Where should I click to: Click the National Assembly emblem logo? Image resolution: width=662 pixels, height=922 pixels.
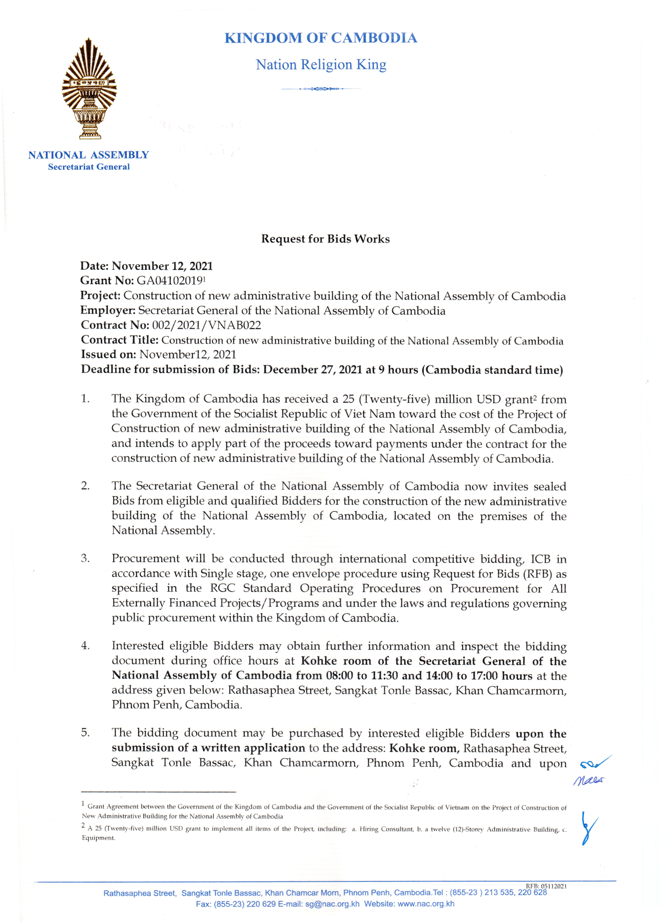pyautogui.click(x=89, y=89)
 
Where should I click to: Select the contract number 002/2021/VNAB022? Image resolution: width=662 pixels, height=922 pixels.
pyautogui.click(x=206, y=325)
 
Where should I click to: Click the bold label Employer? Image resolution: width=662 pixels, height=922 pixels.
pyautogui.click(x=108, y=311)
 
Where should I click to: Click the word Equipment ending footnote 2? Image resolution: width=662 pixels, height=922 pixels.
pyautogui.click(x=98, y=838)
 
